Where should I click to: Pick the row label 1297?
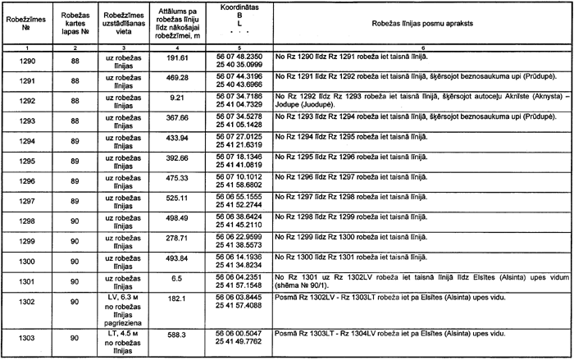pyautogui.click(x=26, y=198)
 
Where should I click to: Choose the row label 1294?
pyautogui.click(x=26, y=139)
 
